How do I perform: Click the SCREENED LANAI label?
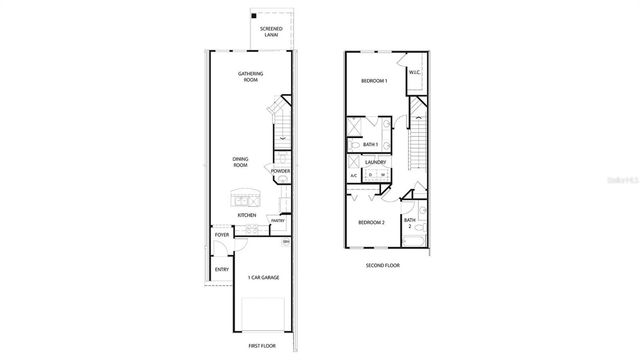[x=270, y=31]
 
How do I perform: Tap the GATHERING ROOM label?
[x=251, y=77]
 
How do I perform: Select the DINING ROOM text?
[x=241, y=162]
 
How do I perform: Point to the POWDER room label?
[x=281, y=171]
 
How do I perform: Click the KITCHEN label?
[x=246, y=214]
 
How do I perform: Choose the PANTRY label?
[x=277, y=221]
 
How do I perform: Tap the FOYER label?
[x=222, y=235]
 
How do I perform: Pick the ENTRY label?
[x=221, y=270]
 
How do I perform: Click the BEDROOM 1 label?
[x=375, y=80]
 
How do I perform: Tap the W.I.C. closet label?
[x=414, y=71]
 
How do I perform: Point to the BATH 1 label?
[x=371, y=144]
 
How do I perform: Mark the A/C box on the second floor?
[x=354, y=176]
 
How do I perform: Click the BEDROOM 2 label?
[x=372, y=222]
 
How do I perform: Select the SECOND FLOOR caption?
[x=384, y=265]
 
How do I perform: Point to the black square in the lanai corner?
[x=255, y=17]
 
